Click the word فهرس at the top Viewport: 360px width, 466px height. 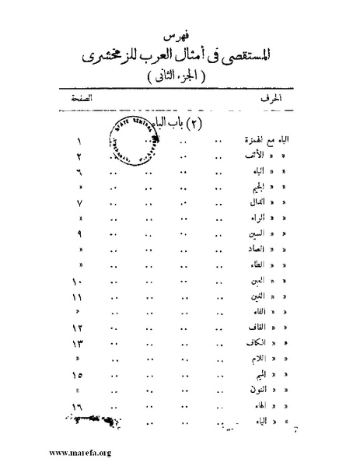point(181,37)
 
